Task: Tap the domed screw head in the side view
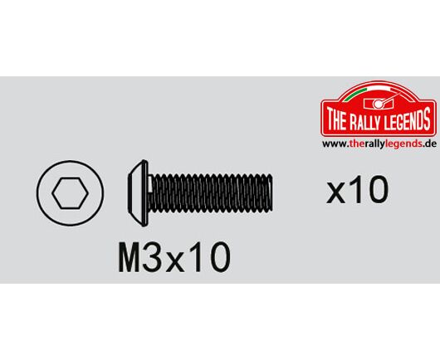tap(138, 193)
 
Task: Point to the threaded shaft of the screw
tap(211, 192)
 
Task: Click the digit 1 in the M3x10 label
tap(196, 257)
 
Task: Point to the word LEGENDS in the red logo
tap(408, 119)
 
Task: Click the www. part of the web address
tap(335, 144)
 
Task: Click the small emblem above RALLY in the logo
tap(379, 103)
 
